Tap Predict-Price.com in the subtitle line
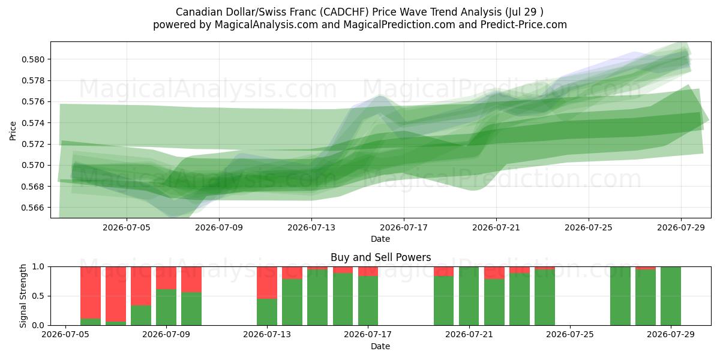pyautogui.click(x=524, y=25)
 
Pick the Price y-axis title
pyautogui.click(x=13, y=131)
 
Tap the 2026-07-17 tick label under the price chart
pyautogui.click(x=404, y=227)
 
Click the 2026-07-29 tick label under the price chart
pyautogui.click(x=681, y=227)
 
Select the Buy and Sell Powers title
pyautogui.click(x=380, y=257)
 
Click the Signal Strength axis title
pyautogui.click(x=23, y=296)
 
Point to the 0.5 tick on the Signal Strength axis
pyautogui.click(x=38, y=296)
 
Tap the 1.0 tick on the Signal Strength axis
pyautogui.click(x=38, y=267)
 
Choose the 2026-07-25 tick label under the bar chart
pyautogui.click(x=570, y=335)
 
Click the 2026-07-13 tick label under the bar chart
pyautogui.click(x=267, y=335)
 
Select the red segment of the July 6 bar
pyautogui.click(x=91, y=293)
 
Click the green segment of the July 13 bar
pyautogui.click(x=267, y=312)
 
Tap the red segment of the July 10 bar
pyautogui.click(x=191, y=280)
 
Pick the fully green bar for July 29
pyautogui.click(x=671, y=296)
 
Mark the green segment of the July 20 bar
pyautogui.click(x=443, y=301)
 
